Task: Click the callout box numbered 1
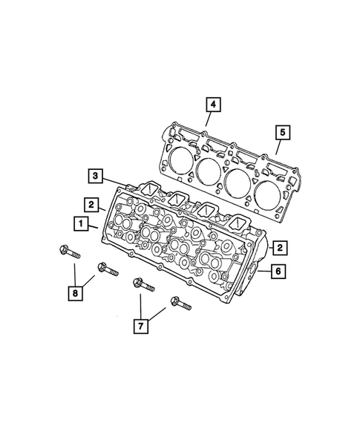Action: pos(78,223)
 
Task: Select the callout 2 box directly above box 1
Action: pos(90,203)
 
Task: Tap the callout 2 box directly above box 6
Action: pos(278,247)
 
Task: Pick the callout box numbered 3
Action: pos(96,176)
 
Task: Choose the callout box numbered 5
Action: pos(281,134)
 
